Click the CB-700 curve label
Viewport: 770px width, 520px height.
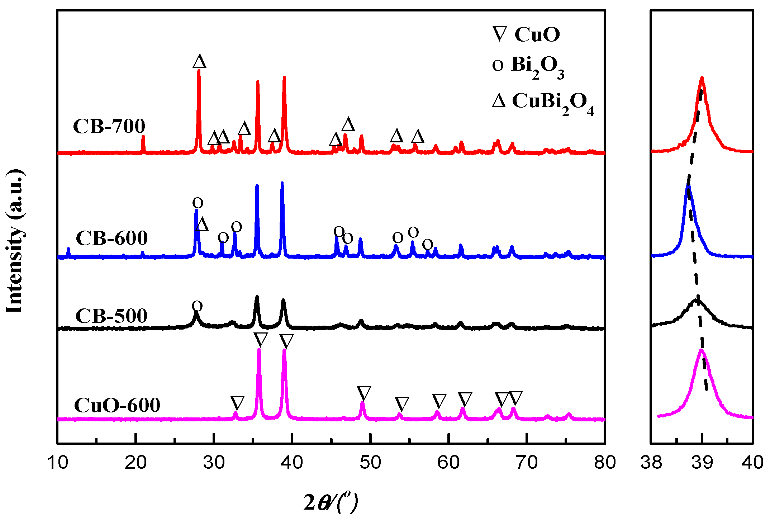click(109, 126)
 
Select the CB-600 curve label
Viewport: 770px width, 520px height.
click(111, 238)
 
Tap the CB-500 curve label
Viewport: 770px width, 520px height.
click(111, 316)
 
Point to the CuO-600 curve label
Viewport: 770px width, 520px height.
click(117, 405)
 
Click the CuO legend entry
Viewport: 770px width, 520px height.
click(526, 34)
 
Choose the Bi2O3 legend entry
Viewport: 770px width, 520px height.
click(528, 66)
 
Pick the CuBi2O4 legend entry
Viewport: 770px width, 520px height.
click(543, 102)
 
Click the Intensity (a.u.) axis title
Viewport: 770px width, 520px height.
click(15, 242)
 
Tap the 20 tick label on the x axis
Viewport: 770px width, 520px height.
click(136, 463)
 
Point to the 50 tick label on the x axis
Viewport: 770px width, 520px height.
click(370, 463)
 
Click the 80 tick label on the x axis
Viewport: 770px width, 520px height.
click(605, 463)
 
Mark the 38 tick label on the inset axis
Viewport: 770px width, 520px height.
click(651, 463)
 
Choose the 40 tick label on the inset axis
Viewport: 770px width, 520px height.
click(752, 463)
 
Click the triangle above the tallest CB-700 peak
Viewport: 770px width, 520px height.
click(199, 61)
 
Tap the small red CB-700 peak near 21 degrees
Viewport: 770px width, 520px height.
click(143, 137)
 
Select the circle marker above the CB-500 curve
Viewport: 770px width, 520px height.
click(197, 306)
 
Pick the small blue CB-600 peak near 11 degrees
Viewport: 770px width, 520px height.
click(68, 250)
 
